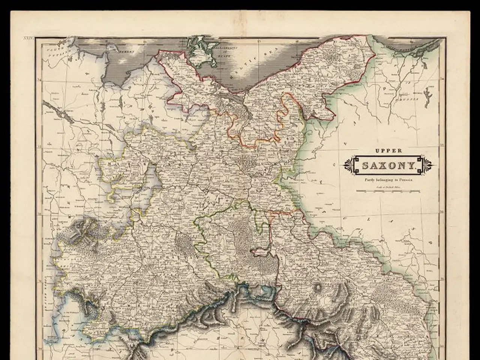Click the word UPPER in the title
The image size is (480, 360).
[388, 151]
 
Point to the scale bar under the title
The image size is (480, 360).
[388, 191]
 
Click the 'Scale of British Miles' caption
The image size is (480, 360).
[388, 186]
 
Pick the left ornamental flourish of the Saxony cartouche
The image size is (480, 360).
[350, 164]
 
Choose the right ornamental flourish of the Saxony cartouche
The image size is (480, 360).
[427, 164]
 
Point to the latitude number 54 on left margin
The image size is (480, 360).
[40, 79]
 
